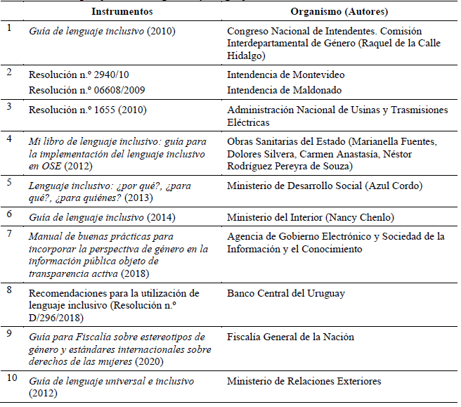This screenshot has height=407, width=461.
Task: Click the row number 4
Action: (8, 138)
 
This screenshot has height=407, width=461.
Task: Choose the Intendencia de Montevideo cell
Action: (285, 75)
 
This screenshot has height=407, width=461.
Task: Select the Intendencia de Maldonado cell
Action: (285, 89)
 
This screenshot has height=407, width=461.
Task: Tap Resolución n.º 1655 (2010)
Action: (84, 110)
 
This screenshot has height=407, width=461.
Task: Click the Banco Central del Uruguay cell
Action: (285, 293)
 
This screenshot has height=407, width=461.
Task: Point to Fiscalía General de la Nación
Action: (290, 337)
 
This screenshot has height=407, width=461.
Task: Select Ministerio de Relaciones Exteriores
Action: (304, 381)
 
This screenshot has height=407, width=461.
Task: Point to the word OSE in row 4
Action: (52, 166)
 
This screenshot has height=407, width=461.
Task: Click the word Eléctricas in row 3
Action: (250, 122)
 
